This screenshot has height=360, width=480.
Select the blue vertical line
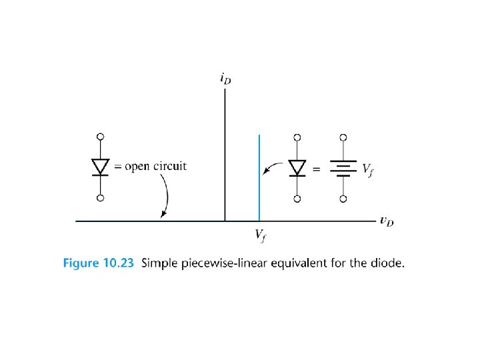click(x=259, y=177)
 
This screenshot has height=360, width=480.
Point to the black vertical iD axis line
click(x=225, y=153)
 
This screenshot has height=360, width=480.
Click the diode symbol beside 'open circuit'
click(x=100, y=167)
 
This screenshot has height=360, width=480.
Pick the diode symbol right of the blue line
click(x=297, y=167)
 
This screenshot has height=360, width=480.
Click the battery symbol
click(x=343, y=168)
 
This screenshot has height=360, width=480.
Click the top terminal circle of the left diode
click(x=100, y=137)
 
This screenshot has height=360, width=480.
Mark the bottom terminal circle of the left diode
click(x=100, y=198)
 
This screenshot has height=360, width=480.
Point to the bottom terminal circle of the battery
click(x=343, y=198)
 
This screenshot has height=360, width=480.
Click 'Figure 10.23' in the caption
click(x=98, y=263)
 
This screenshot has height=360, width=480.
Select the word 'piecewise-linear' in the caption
click(x=218, y=263)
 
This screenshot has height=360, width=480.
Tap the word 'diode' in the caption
click(x=388, y=263)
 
